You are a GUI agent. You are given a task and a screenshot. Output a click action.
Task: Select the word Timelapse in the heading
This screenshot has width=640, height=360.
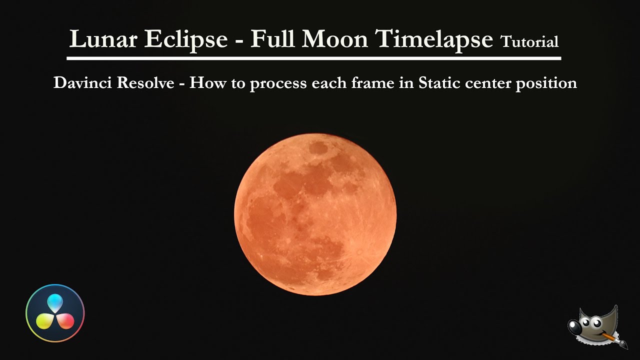(x=434, y=38)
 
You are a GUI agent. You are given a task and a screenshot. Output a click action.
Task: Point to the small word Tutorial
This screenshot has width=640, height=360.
(x=529, y=42)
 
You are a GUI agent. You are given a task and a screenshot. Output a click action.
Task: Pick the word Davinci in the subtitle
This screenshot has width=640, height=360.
(x=82, y=82)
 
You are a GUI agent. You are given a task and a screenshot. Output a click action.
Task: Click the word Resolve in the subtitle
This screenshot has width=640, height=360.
(x=148, y=82)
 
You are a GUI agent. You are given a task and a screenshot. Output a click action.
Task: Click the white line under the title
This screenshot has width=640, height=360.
(x=314, y=58)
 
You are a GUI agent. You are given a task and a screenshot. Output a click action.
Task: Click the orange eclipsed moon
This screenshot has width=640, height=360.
(x=315, y=214)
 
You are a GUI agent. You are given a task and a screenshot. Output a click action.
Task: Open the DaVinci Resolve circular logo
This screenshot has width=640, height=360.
(x=55, y=313)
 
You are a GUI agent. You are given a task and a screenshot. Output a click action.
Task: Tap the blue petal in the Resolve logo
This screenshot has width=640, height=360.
(x=55, y=303)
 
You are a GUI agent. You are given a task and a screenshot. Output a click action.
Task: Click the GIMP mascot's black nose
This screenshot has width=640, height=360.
(x=575, y=327)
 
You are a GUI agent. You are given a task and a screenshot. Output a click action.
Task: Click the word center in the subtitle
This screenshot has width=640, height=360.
(x=489, y=82)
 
